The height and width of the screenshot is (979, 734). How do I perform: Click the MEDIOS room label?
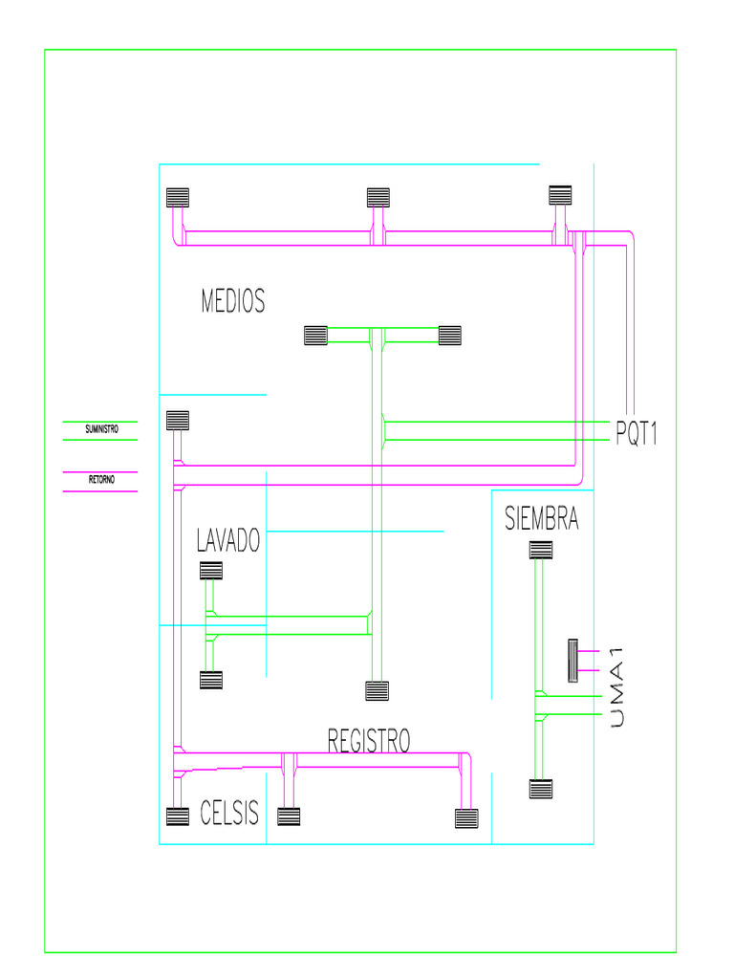[232, 302]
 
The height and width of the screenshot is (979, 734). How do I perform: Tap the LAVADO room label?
[228, 541]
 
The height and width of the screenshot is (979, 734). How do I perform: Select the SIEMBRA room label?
[541, 519]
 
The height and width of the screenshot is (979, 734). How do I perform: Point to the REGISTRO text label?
[369, 741]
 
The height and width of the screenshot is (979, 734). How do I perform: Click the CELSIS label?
[229, 815]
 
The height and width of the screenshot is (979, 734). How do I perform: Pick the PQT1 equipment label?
[637, 435]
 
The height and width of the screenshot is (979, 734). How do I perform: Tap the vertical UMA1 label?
[616, 687]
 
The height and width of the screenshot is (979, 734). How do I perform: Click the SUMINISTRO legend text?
[101, 430]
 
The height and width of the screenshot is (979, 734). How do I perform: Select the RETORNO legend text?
[101, 480]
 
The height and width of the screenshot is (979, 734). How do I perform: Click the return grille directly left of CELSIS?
[178, 816]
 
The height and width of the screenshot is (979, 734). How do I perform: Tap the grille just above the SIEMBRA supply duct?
[541, 550]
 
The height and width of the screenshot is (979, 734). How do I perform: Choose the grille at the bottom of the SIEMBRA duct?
[541, 789]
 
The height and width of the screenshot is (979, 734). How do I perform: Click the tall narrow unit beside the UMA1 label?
[572, 660]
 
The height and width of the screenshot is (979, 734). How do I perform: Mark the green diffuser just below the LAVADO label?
[210, 571]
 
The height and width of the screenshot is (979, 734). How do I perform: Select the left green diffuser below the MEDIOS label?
[315, 336]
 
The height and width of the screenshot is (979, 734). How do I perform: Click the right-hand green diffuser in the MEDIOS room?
[450, 336]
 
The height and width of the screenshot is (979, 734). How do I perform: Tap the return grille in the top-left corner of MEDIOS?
[178, 198]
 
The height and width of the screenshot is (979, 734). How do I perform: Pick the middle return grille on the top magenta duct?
[378, 198]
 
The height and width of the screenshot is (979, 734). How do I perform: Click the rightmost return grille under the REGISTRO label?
[466, 818]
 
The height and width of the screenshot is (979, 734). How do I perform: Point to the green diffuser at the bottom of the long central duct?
[378, 690]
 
